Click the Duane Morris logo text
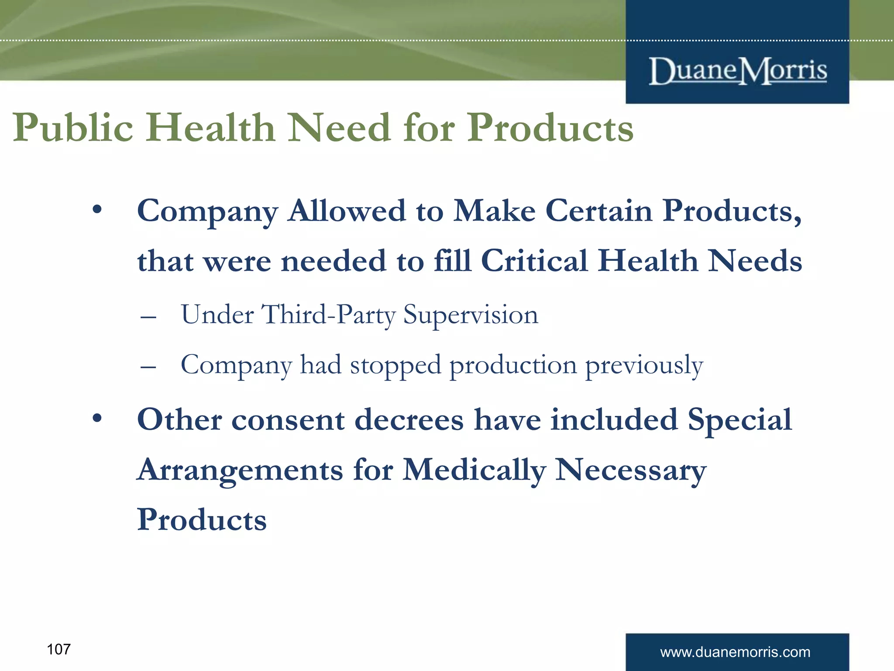738,71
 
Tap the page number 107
58,649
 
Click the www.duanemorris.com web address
735,652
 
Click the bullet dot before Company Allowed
97,210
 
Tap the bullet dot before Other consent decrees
97,419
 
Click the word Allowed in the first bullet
347,211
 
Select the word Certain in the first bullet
599,211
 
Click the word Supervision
471,315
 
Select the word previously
644,365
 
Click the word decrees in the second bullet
409,420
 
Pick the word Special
739,420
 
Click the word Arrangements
240,470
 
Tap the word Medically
474,470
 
